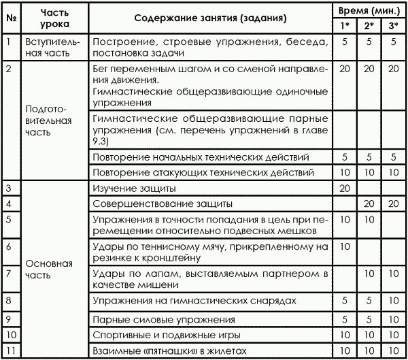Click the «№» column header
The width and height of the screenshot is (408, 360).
point(11,17)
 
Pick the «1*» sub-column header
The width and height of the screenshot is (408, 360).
point(345,26)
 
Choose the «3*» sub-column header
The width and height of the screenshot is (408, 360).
point(392,26)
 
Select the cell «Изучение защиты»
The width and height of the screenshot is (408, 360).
point(133,187)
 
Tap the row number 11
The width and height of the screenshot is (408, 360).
point(10,350)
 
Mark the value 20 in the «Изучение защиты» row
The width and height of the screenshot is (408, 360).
point(345,187)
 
